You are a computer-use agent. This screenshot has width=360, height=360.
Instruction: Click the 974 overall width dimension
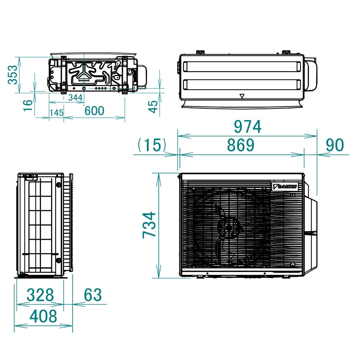click(x=247, y=127)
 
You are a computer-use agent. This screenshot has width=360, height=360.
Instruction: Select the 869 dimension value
click(x=240, y=145)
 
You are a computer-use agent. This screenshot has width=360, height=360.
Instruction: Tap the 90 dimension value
click(x=335, y=145)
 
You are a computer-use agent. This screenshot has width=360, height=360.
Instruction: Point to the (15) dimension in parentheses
click(x=152, y=145)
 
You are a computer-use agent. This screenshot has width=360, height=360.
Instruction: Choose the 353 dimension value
click(x=13, y=75)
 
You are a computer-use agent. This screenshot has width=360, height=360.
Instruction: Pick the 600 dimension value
click(x=94, y=111)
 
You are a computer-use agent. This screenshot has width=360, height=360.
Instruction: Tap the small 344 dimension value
click(x=75, y=98)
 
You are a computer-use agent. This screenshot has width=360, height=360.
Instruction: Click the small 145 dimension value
click(x=57, y=113)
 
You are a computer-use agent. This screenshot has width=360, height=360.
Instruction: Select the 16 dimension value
click(x=28, y=105)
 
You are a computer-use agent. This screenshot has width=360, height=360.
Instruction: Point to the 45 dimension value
click(x=154, y=107)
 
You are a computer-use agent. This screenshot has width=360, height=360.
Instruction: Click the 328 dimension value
click(x=40, y=295)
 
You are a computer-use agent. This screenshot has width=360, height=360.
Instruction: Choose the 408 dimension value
click(x=43, y=316)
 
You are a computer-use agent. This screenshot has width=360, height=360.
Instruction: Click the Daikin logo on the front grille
click(x=285, y=186)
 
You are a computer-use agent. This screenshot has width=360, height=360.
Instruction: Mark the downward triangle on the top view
click(x=242, y=96)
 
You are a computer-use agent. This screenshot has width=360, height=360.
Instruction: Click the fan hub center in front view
click(x=229, y=228)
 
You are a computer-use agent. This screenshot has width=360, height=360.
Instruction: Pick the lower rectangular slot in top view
click(x=242, y=85)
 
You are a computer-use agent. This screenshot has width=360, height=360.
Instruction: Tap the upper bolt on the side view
click(x=58, y=185)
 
